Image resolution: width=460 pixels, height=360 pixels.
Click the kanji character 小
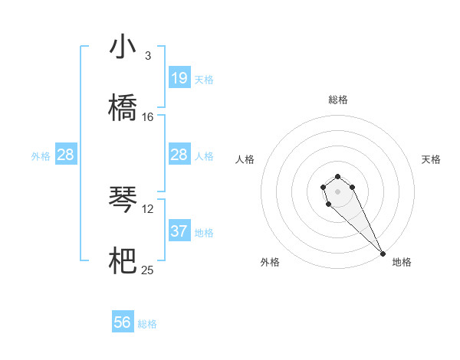pyautogui.click(x=123, y=47)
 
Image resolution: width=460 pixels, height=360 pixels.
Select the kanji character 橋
pyautogui.click(x=123, y=108)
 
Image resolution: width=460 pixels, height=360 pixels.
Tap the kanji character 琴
pyautogui.click(x=123, y=200)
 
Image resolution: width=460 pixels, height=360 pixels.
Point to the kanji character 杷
pyautogui.click(x=123, y=261)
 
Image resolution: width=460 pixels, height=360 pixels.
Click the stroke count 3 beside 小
pyautogui.click(x=148, y=55)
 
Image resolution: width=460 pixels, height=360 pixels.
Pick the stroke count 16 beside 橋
pyautogui.click(x=148, y=116)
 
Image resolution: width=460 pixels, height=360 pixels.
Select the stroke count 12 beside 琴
pyautogui.click(x=148, y=208)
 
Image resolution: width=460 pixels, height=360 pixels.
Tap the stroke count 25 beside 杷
pyautogui.click(x=148, y=270)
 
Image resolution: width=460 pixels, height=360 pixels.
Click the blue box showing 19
pyautogui.click(x=179, y=77)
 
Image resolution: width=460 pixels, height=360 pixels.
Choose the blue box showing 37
pyautogui.click(x=179, y=231)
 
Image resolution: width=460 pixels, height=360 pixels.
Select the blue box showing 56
pyautogui.click(x=123, y=322)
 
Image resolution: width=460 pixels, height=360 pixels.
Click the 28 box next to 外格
pyautogui.click(x=66, y=155)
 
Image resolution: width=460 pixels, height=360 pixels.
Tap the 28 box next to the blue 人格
pyautogui.click(x=179, y=155)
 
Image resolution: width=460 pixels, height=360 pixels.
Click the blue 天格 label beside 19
pyautogui.click(x=204, y=79)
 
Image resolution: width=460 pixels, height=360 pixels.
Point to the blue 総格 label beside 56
pyautogui.click(x=147, y=324)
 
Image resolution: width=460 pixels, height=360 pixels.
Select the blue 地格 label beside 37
pyautogui.click(x=204, y=232)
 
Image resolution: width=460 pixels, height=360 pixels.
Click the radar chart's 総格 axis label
pyautogui.click(x=337, y=100)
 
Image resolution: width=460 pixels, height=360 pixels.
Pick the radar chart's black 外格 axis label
pyautogui.click(x=269, y=262)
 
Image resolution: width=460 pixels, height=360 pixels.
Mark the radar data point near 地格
pyautogui.click(x=383, y=254)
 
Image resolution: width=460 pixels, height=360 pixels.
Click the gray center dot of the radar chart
pyautogui.click(x=337, y=190)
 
